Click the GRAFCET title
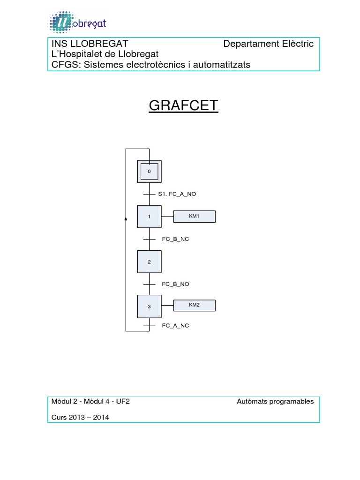pyautogui.click(x=183, y=106)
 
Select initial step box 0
pyautogui.click(x=149, y=172)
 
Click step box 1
pyautogui.click(x=149, y=217)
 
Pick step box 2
pyautogui.click(x=149, y=262)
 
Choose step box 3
pyautogui.click(x=149, y=307)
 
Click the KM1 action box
pyautogui.click(x=194, y=216)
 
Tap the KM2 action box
pyautogui.click(x=194, y=306)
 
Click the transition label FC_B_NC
pyautogui.click(x=175, y=239)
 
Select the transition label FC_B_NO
pyautogui.click(x=175, y=284)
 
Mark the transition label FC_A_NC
pyautogui.click(x=175, y=325)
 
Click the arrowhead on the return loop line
pyautogui.click(x=126, y=218)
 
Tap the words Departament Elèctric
pyautogui.click(x=268, y=44)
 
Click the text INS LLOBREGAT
pyautogui.click(x=90, y=44)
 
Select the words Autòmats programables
pyautogui.click(x=275, y=402)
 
